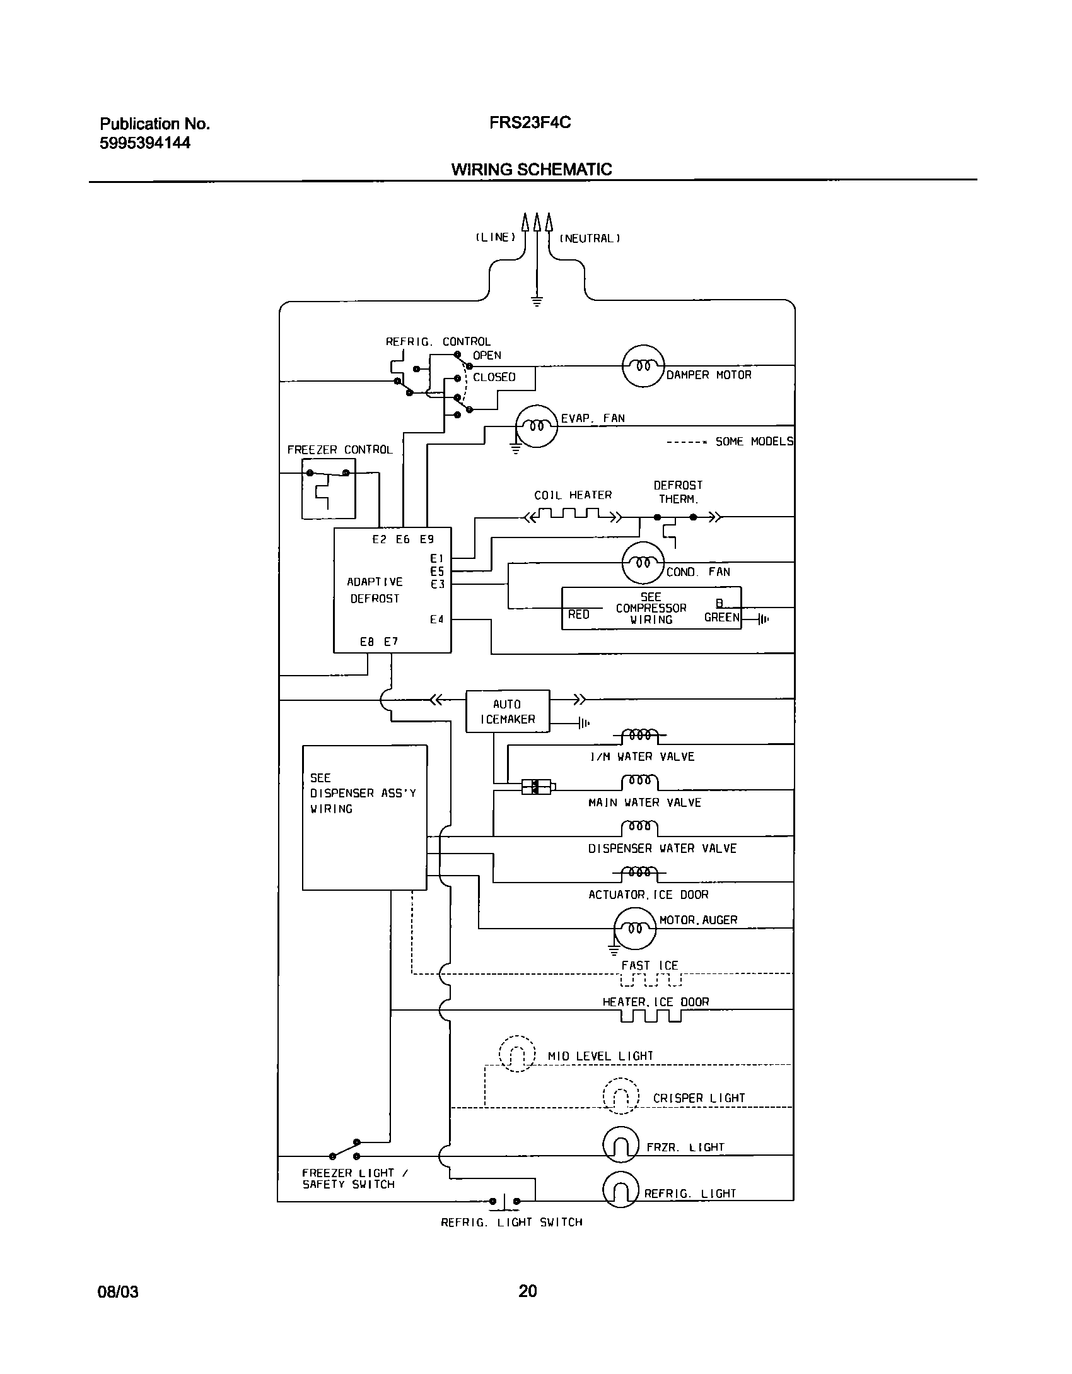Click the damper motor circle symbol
tap(643, 366)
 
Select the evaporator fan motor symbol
tap(537, 426)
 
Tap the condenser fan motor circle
tap(643, 562)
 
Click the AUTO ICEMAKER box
tap(508, 711)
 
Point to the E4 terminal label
tap(437, 619)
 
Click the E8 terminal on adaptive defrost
tap(367, 642)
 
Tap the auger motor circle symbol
tap(635, 929)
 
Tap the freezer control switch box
tap(328, 488)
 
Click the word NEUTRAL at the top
tap(590, 238)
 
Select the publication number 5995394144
tap(145, 143)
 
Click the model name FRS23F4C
tap(530, 122)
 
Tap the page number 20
tap(528, 1291)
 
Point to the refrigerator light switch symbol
tap(505, 1202)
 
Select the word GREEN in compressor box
tap(721, 618)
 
